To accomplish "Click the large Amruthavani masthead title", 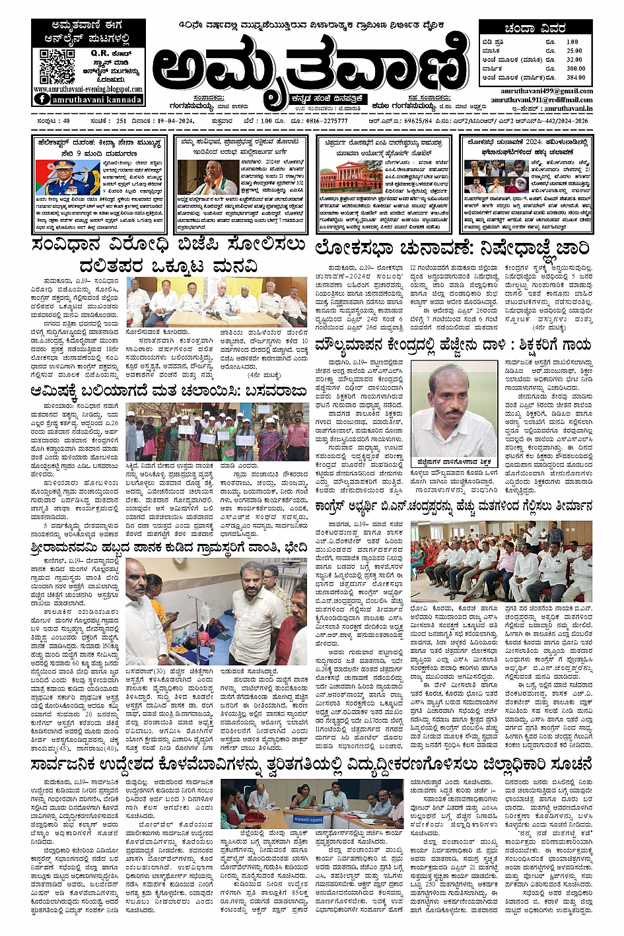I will point(310,67).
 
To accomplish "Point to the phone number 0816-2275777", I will point(330,121).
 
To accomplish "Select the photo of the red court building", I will point(342,177).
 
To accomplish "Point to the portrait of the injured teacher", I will point(454,409).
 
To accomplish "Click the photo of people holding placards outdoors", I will point(217,432).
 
